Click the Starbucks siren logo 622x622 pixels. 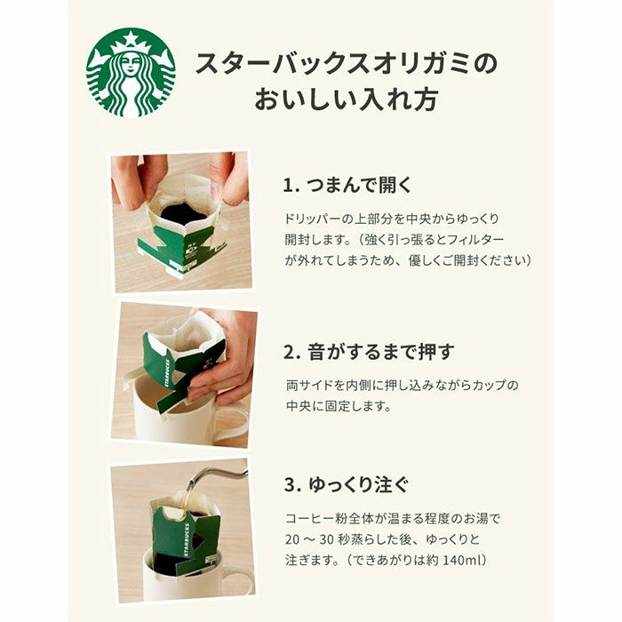coord(131,73)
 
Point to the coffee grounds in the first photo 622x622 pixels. coord(181,213)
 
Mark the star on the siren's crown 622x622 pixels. coord(131,38)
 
